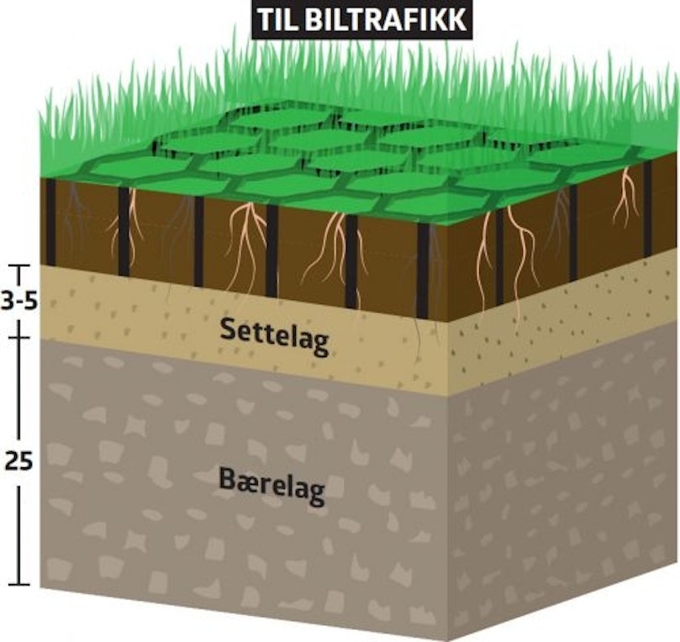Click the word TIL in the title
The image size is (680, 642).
coord(277,19)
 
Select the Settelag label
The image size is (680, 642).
coord(275,336)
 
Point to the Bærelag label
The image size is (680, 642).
coord(271,486)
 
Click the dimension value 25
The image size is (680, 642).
coord(18,461)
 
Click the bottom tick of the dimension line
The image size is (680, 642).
coord(18,584)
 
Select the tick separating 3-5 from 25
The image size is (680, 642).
coord(18,337)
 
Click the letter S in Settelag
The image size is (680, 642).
coord(229,329)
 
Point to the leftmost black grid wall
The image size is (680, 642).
coord(50,222)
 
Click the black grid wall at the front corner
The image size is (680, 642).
coord(423,271)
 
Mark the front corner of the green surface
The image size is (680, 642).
coord(447,224)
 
